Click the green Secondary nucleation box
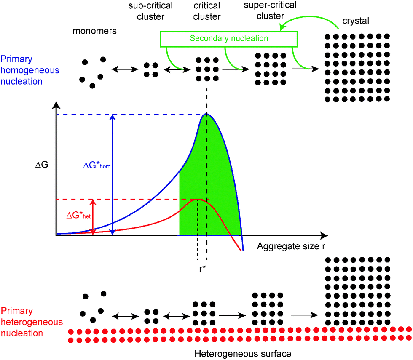(x=229, y=39)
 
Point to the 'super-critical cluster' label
(x=271, y=12)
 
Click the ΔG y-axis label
(x=43, y=165)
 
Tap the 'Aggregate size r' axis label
(x=293, y=246)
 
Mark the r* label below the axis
(x=203, y=268)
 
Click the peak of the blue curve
(x=206, y=114)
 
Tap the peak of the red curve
(x=197, y=199)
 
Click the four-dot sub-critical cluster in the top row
(x=151, y=70)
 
